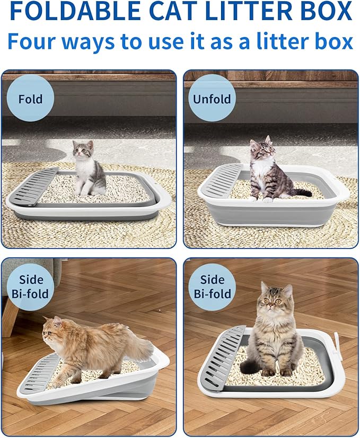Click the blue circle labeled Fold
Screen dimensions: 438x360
coord(31,99)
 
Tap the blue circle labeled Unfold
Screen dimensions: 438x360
coord(212,99)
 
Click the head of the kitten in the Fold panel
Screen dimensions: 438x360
coord(82,150)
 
